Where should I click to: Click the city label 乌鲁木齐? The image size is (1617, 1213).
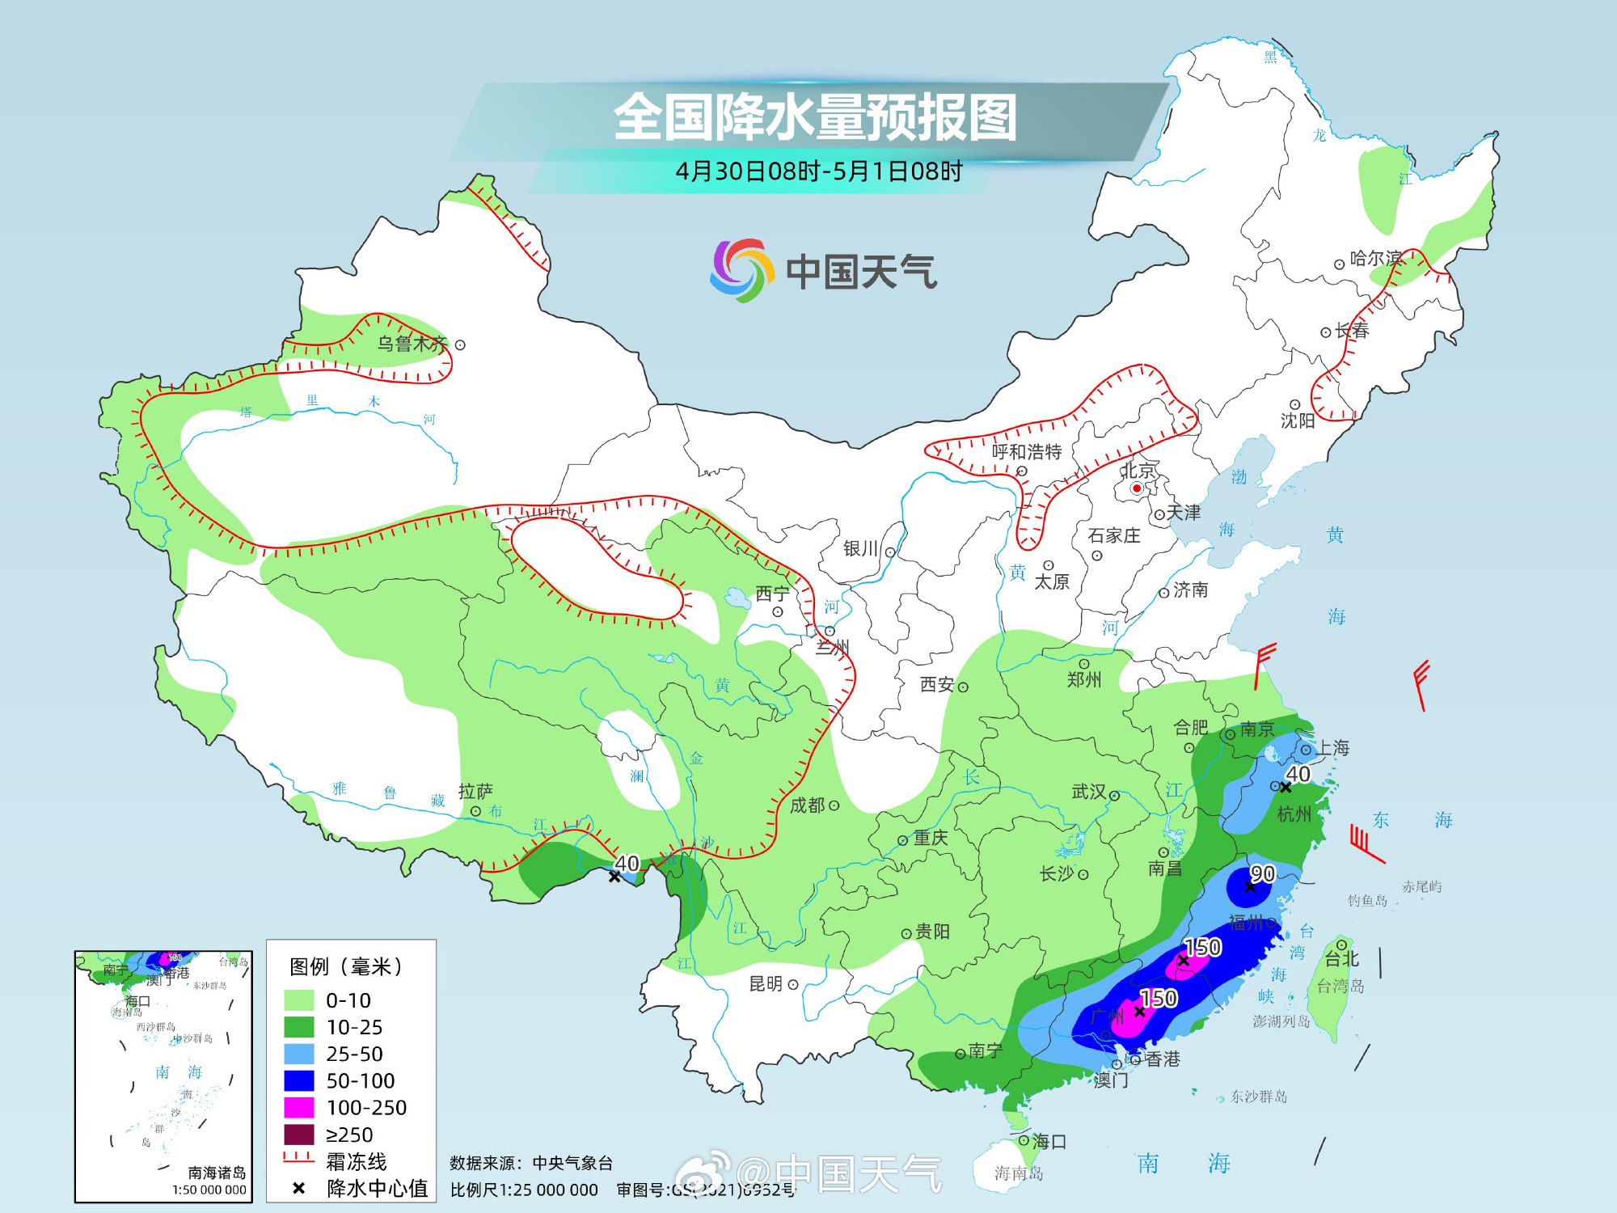pos(412,344)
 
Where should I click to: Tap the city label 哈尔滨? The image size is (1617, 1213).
pos(1375,259)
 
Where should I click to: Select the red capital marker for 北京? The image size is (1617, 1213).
pos(1136,488)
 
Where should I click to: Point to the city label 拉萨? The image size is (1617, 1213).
pos(475,792)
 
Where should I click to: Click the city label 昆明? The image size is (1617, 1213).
pos(765,983)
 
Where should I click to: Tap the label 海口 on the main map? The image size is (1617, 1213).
pos(1049,1141)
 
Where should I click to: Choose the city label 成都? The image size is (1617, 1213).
pos(807,805)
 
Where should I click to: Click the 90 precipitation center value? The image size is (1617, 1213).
pos(1262,874)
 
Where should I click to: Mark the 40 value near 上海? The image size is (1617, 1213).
pos(1298,774)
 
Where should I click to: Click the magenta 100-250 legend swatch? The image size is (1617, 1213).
pos(298,1108)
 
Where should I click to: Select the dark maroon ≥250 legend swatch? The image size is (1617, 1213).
pos(298,1135)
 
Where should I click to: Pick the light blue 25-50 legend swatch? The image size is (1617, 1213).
pos(298,1054)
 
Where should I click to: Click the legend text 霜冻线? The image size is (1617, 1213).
pos(356,1162)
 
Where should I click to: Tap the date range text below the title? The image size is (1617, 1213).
pos(818,171)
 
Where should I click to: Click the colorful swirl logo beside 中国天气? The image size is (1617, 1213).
pos(737,270)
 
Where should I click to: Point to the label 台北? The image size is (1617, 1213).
pos(1342,959)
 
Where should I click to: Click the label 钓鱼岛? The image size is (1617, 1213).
pos(1366,900)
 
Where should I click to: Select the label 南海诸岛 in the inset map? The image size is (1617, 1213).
pos(217,1173)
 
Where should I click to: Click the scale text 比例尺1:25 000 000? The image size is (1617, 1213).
pos(524,1190)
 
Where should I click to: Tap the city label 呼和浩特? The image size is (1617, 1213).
pos(1026,452)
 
